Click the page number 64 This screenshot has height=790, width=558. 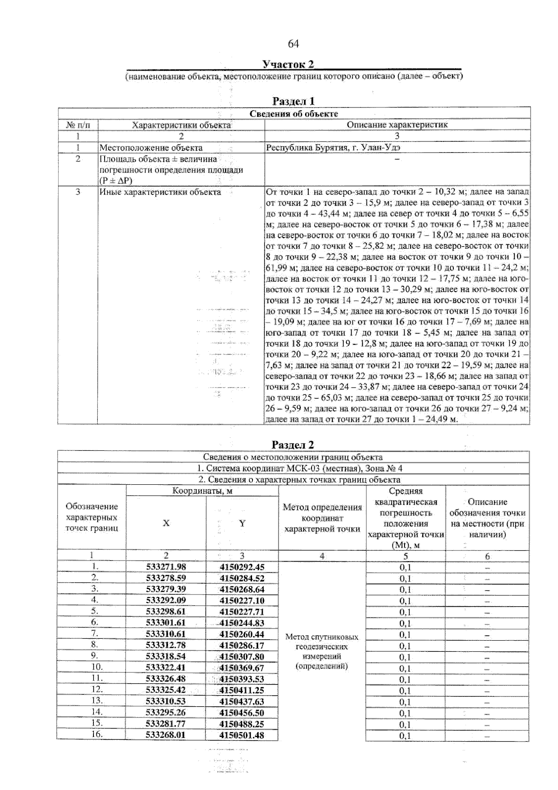point(293,44)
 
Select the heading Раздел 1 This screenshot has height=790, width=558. point(293,101)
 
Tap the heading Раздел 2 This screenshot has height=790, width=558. point(293,444)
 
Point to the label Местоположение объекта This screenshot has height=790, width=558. point(151,147)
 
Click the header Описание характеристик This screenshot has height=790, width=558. point(397,125)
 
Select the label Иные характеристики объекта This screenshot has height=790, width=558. point(160,192)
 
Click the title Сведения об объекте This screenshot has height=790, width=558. point(294,114)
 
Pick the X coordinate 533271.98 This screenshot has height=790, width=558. point(166,567)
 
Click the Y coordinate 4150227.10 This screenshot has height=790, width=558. point(242,600)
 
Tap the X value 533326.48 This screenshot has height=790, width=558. point(166,679)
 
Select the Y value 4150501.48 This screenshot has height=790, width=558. point(242,735)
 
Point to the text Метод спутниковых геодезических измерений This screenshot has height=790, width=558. point(322,651)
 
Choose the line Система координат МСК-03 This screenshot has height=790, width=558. point(293,468)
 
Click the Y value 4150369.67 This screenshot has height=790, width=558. point(242,668)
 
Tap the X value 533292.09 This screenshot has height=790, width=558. point(166,600)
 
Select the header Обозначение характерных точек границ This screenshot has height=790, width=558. point(92,517)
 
